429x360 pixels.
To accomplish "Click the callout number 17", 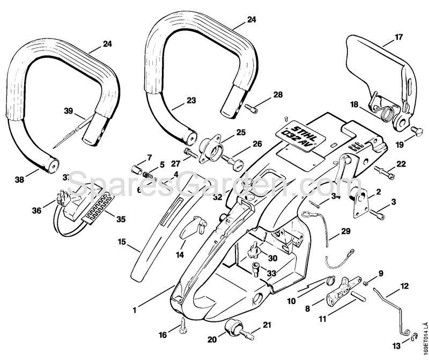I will coord(398,37).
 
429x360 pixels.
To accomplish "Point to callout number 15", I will coord(122,242).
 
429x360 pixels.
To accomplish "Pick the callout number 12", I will coord(404,287).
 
